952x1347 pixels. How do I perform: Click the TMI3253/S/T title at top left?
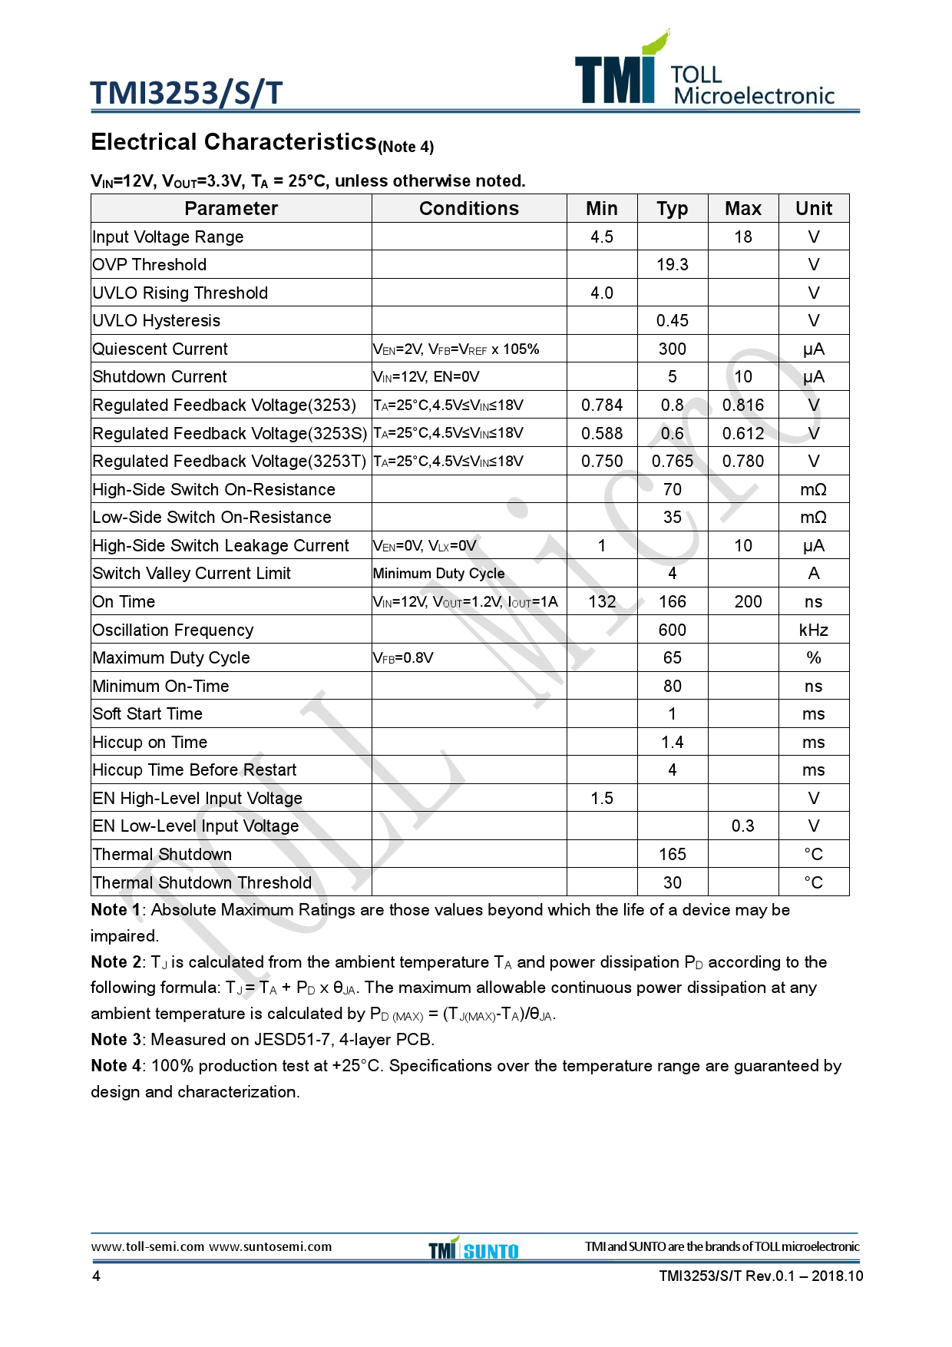point(187,93)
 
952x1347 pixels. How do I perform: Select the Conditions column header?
point(468,209)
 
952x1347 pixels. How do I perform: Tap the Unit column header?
point(813,209)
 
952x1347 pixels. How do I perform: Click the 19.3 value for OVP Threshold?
point(672,265)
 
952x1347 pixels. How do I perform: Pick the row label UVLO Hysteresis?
point(156,321)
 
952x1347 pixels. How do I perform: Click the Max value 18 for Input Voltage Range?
point(742,237)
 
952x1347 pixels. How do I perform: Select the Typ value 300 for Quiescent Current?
point(672,349)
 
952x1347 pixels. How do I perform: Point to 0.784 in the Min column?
point(601,405)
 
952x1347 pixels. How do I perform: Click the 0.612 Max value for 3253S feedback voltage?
point(742,434)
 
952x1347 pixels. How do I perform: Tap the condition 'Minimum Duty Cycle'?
point(438,574)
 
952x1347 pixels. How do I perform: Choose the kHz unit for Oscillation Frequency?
point(813,630)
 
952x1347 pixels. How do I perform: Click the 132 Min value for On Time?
point(602,602)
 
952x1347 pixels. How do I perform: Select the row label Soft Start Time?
point(147,714)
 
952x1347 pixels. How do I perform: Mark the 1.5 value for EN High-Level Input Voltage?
point(601,799)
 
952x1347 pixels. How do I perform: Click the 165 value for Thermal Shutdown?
point(672,855)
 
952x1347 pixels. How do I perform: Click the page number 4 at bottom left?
point(96,1276)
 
